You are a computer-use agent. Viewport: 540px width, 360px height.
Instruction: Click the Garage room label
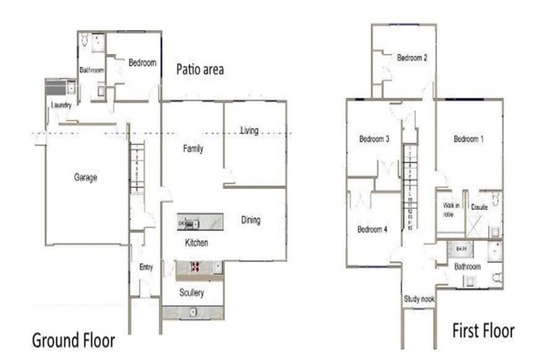point(86,178)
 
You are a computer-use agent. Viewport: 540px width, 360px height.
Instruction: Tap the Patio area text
point(200,69)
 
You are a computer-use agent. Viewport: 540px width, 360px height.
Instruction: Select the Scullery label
point(191,292)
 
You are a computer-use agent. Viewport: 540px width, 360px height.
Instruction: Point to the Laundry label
point(62,106)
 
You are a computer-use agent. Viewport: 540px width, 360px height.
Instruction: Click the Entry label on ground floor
point(146,266)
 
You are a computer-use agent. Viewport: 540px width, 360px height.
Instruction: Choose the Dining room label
point(250,220)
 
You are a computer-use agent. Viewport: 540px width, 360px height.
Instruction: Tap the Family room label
point(193,149)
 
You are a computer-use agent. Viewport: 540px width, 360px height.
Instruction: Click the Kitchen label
point(196,243)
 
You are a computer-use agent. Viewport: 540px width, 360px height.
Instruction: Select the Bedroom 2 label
point(412,58)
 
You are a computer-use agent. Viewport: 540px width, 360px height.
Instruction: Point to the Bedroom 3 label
point(374,139)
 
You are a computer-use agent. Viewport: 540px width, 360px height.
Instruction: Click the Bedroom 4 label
point(371,229)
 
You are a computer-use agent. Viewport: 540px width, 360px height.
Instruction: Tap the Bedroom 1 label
point(468,139)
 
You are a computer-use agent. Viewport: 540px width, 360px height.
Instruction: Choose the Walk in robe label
point(451,210)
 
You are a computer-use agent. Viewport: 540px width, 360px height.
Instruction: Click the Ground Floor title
point(73,341)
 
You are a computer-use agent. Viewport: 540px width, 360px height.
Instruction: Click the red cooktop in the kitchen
point(195,267)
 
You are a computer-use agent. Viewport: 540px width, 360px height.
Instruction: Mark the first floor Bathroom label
point(467,267)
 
